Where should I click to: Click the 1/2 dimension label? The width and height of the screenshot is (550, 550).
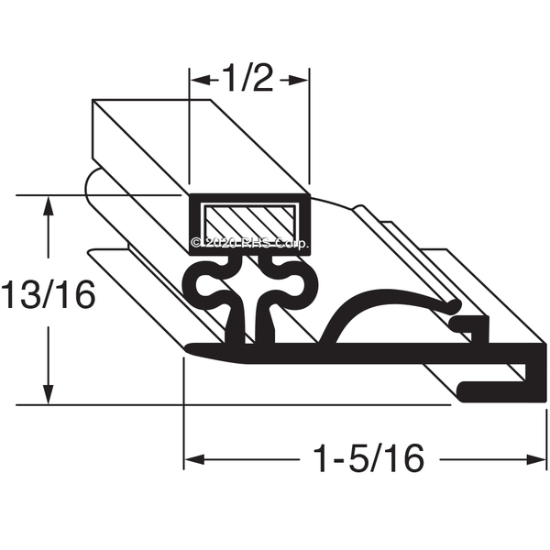coord(247,78)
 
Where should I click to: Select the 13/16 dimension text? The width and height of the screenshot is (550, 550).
coord(49,294)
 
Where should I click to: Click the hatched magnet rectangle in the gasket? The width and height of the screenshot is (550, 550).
coord(249,223)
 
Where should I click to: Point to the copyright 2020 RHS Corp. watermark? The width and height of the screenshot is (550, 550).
coord(250,243)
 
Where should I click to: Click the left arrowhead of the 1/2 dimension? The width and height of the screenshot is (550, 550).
coord(201,80)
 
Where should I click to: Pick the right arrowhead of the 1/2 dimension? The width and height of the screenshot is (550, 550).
coord(298,80)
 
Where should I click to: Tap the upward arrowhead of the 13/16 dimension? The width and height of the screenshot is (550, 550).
coord(48,207)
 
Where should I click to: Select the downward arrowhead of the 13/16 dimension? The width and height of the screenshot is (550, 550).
coord(48,394)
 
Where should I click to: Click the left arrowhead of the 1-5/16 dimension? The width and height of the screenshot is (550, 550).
coord(194,459)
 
